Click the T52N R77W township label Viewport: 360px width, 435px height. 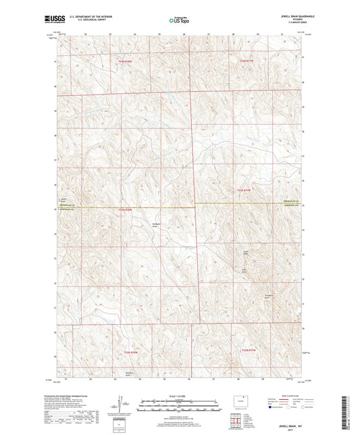pyautogui.click(x=249, y=350)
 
